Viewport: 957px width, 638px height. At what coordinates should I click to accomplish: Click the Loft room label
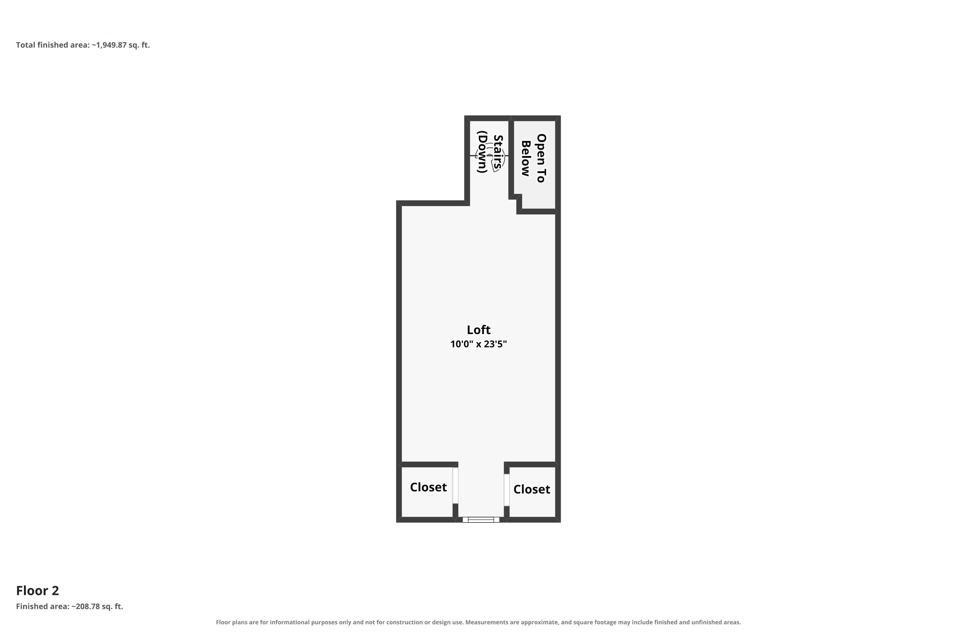coord(478,330)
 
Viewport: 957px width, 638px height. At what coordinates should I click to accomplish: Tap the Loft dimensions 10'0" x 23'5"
coord(478,344)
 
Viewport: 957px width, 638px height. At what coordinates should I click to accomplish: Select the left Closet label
coord(428,487)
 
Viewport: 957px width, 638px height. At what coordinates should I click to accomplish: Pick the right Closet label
coord(532,489)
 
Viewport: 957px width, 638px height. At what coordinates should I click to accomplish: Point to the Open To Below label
coord(533,158)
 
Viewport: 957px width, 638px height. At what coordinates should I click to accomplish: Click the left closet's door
coord(455,486)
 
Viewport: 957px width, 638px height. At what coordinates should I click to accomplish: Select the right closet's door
coord(507,490)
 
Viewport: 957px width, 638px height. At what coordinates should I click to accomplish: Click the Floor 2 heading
coord(37,590)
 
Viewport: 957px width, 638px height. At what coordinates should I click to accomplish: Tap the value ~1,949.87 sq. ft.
coord(121,45)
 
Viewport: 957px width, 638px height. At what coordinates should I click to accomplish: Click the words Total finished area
coord(52,45)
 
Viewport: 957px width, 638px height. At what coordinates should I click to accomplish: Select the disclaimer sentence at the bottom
coord(478,622)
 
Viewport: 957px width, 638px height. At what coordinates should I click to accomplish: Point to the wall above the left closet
coord(427,464)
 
